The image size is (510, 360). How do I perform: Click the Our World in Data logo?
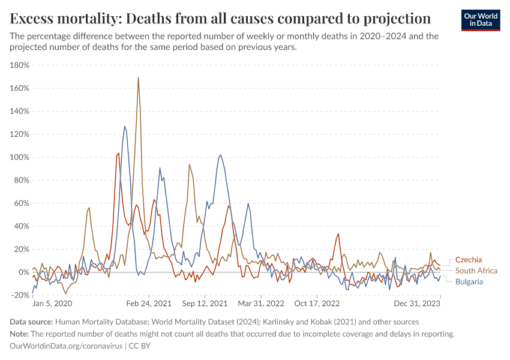[480, 19]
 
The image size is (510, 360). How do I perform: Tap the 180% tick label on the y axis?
[20, 65]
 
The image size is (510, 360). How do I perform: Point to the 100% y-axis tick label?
[20, 157]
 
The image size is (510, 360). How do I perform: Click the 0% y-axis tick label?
[24, 272]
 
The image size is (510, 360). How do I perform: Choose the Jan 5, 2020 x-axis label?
[52, 304]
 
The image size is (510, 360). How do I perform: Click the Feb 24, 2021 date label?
[145, 304]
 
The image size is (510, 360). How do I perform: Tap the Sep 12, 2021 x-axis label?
[206, 304]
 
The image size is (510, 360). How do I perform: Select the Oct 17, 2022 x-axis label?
[317, 304]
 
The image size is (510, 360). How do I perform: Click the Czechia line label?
[469, 260]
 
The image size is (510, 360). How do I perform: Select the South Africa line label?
[476, 271]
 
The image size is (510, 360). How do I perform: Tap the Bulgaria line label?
[469, 281]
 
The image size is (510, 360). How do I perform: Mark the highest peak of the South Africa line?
[139, 77]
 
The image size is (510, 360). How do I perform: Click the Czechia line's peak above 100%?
[118, 153]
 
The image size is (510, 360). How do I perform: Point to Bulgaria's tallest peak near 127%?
[125, 126]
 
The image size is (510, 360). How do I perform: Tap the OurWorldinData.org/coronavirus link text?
[66, 346]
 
